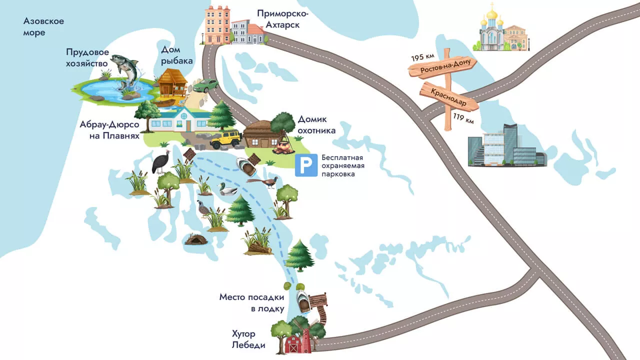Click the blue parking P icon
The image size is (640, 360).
click(x=306, y=165)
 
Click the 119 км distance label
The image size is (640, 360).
click(x=463, y=120)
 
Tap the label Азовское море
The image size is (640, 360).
click(x=44, y=27)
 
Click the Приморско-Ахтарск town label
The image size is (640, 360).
click(x=283, y=18)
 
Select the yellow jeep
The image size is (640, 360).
click(x=226, y=139)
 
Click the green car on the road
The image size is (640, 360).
click(x=205, y=86)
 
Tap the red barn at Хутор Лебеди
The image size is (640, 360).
click(x=293, y=344)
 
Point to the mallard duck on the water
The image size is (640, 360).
click(x=228, y=189)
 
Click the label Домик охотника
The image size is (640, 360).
click(x=316, y=125)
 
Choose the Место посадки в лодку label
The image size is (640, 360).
click(x=251, y=303)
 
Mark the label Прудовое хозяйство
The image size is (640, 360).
click(x=87, y=57)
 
